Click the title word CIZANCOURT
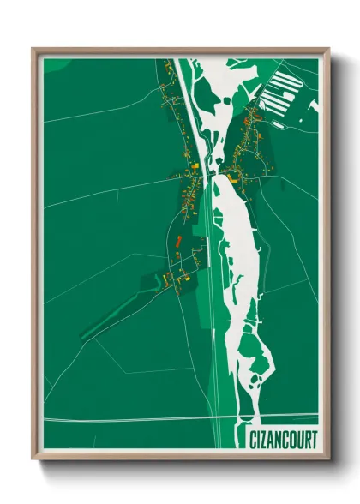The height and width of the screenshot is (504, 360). coord(283,440)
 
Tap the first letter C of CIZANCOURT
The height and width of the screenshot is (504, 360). coord(252,440)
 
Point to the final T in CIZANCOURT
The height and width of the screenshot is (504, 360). coord(313,440)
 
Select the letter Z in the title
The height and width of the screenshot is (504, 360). coord(264,440)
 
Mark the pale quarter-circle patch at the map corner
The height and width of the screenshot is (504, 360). coord(51,63)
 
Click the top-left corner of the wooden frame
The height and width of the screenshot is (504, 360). coord(33,49)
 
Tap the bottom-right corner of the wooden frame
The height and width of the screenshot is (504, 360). coord(328,459)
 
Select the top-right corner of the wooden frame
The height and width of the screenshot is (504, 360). coord(328,49)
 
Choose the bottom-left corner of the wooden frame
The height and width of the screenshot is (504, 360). coord(33,459)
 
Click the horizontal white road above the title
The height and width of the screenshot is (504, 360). coord(129,419)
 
